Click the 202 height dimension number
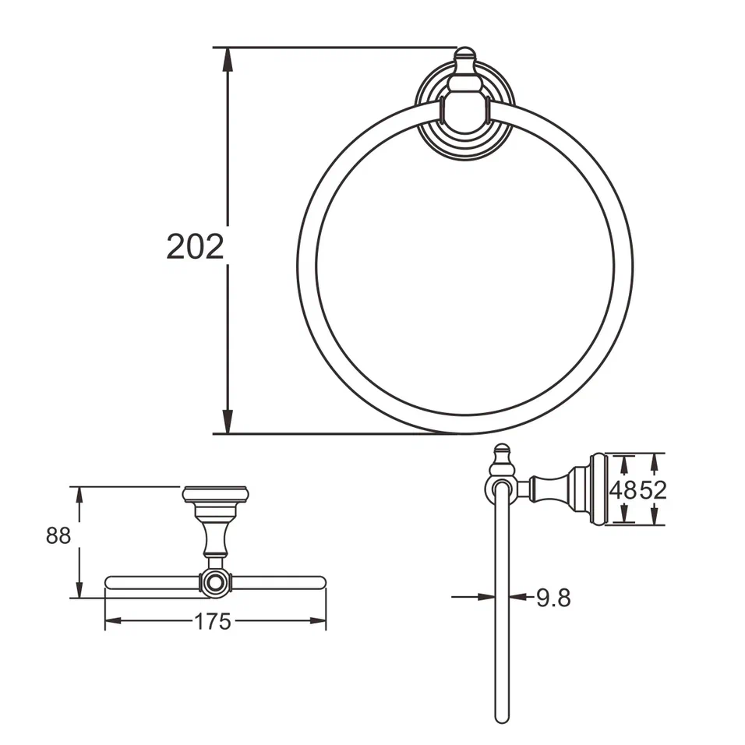pyautogui.click(x=195, y=246)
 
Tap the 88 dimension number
pyautogui.click(x=58, y=537)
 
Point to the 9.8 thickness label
pyautogui.click(x=553, y=598)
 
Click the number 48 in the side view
pyautogui.click(x=623, y=490)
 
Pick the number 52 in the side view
pyautogui.click(x=654, y=490)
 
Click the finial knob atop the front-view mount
pyautogui.click(x=464, y=55)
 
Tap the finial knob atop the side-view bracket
pyautogui.click(x=503, y=453)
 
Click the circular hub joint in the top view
pyautogui.click(x=214, y=581)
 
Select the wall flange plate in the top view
pyautogui.click(x=215, y=494)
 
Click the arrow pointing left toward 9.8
pyautogui.click(x=520, y=598)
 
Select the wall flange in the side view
pyautogui.click(x=597, y=489)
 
